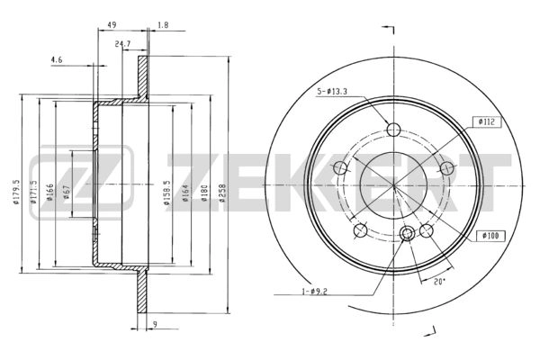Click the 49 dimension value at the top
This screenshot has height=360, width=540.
tap(112, 25)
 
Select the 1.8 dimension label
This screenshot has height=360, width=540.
tap(163, 25)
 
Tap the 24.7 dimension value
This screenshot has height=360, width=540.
tap(122, 44)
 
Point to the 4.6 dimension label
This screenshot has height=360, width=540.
tap(57, 59)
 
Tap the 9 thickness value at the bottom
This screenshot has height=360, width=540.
tap(155, 324)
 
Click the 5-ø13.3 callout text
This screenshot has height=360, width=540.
tap(332, 91)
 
